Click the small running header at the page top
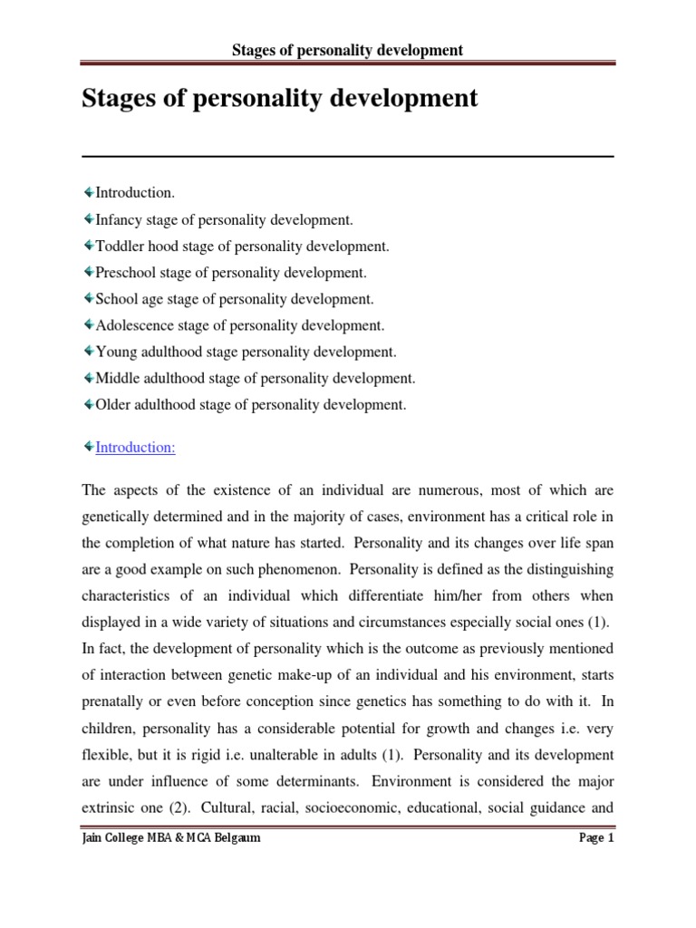coord(348,50)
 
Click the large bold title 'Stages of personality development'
coord(280,98)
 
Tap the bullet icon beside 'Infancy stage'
coord(87,219)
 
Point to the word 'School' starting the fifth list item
coord(115,298)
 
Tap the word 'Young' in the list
coord(115,352)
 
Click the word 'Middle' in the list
coord(117,378)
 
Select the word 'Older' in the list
coord(113,404)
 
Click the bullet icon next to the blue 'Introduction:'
coord(87,447)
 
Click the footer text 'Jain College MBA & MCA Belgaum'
coord(171,838)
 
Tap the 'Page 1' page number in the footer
coord(596,838)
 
